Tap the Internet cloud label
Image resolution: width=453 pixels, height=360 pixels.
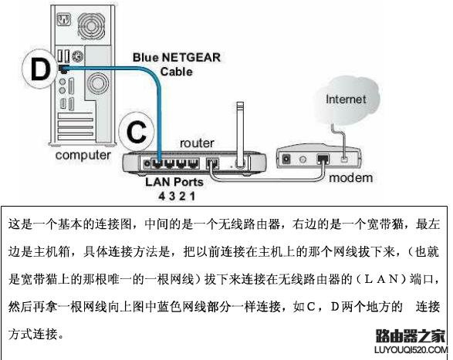point(346,99)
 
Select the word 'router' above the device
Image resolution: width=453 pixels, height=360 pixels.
point(197,143)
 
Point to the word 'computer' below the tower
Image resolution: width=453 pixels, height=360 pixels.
point(82,155)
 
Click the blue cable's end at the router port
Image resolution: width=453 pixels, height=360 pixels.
point(158,163)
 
